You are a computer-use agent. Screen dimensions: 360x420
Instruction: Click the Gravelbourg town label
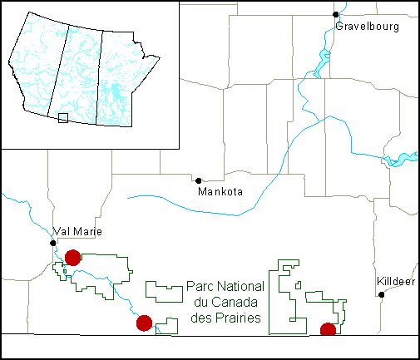(x=368, y=27)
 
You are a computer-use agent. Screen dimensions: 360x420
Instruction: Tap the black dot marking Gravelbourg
(x=336, y=14)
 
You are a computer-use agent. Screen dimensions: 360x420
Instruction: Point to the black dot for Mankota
(x=198, y=180)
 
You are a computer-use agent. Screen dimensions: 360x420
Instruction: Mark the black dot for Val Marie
(x=53, y=243)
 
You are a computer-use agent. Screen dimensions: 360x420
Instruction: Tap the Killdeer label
(x=395, y=281)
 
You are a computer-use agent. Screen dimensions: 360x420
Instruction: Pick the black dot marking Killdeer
(x=382, y=293)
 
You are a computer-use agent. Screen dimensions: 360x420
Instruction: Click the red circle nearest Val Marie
(x=72, y=257)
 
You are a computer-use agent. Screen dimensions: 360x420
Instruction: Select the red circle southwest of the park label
(x=144, y=323)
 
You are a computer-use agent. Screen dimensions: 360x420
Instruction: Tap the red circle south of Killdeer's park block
(x=328, y=330)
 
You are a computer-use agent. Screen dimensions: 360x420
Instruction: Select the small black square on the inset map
(x=62, y=119)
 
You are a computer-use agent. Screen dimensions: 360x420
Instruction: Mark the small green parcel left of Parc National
(x=164, y=291)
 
